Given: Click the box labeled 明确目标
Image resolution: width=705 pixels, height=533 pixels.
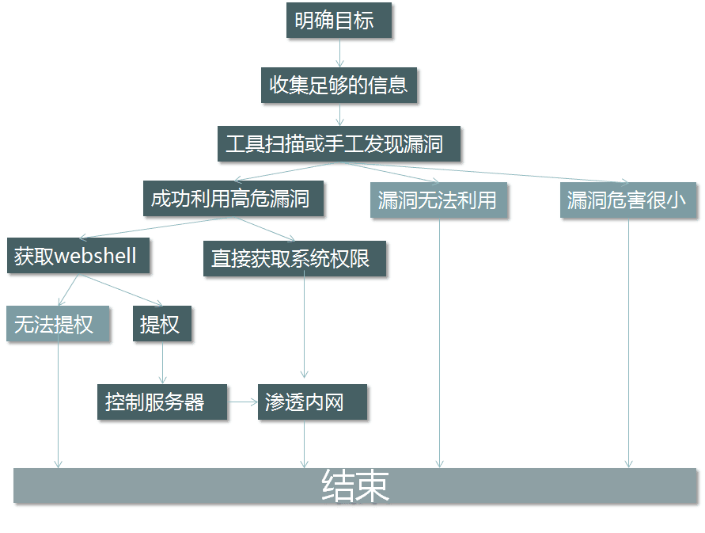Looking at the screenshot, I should [339, 21].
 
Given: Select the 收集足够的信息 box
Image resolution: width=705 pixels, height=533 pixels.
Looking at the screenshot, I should [339, 85].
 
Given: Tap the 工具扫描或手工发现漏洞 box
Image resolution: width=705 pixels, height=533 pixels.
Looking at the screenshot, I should [338, 144].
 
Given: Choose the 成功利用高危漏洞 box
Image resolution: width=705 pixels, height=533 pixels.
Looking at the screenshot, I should [233, 198].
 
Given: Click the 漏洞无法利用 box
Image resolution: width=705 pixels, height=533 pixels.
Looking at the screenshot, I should [438, 200].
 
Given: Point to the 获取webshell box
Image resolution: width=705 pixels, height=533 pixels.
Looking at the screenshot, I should [78, 256].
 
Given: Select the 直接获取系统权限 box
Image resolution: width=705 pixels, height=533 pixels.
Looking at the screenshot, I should [294, 258].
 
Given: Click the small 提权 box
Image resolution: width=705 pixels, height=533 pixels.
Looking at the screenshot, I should [161, 324].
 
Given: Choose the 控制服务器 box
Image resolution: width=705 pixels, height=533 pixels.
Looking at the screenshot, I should [162, 402].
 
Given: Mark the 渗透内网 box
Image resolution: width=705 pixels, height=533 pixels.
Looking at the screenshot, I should [313, 402].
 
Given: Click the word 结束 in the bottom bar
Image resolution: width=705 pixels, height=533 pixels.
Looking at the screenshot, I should [355, 486].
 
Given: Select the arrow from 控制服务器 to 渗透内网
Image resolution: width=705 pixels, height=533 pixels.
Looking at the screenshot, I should [243, 402].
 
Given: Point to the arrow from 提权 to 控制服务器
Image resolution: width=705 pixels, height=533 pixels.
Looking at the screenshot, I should [162, 363].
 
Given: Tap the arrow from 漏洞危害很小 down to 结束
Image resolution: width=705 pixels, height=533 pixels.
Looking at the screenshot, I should [629, 341].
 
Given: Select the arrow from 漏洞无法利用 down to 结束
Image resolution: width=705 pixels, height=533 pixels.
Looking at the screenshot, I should [439, 341].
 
